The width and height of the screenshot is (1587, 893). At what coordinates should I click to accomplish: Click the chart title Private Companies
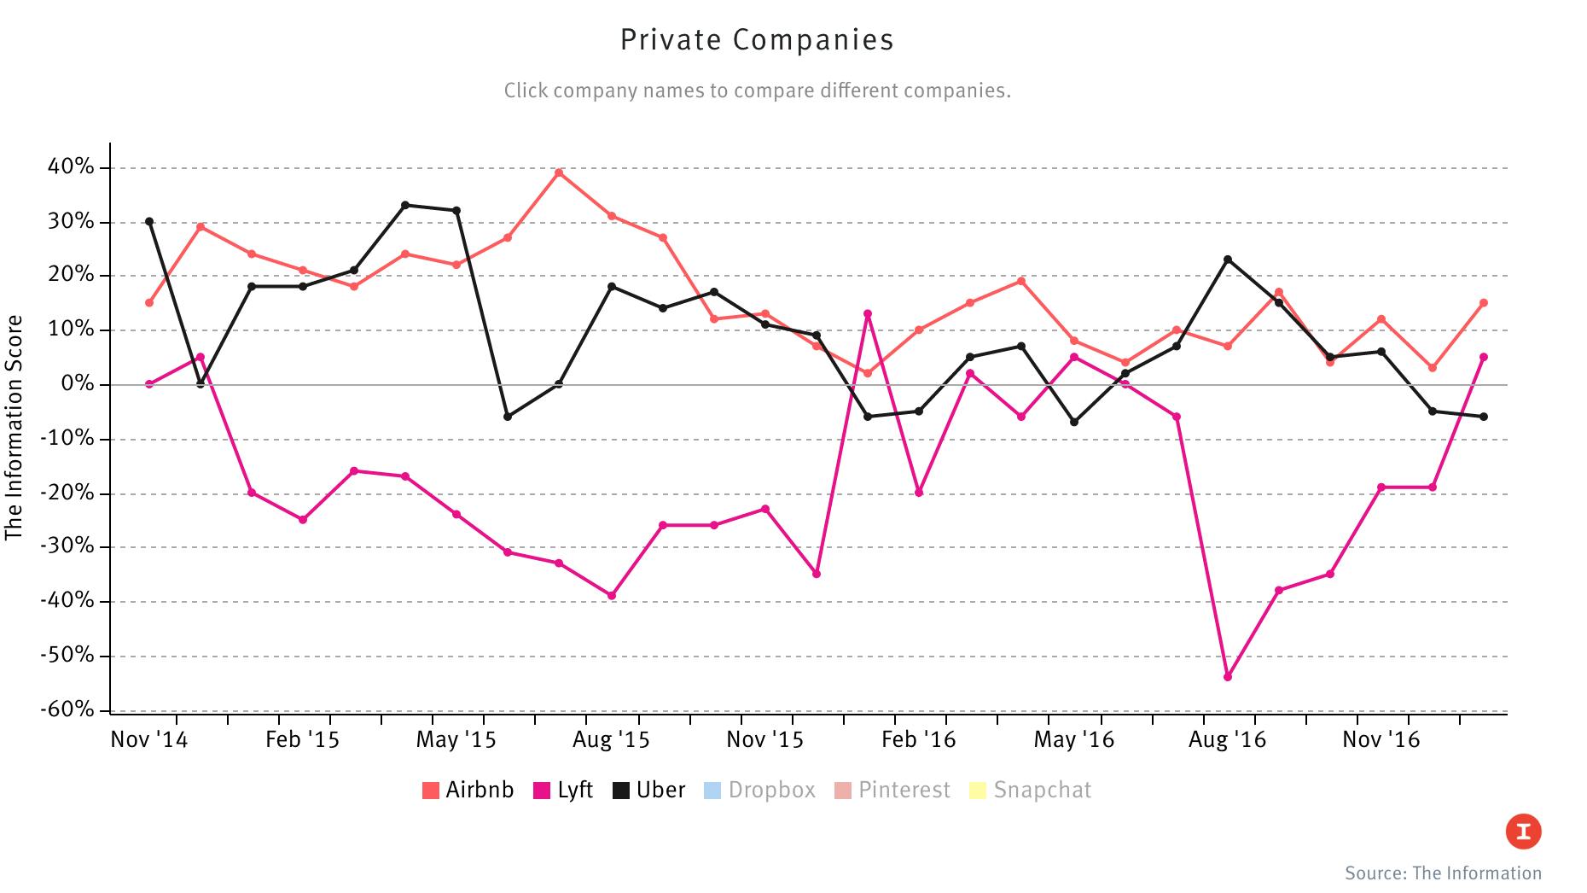point(757,40)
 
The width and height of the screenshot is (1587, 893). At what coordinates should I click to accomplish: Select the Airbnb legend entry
point(468,790)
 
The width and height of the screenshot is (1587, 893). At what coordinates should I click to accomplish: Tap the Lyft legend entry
point(563,790)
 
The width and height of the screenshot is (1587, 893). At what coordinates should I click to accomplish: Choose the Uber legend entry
point(649,790)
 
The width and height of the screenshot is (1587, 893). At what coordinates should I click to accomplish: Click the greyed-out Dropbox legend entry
point(759,790)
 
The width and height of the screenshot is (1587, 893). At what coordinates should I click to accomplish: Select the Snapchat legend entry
point(1031,790)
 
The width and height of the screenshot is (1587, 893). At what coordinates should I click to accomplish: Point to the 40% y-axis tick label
point(71,167)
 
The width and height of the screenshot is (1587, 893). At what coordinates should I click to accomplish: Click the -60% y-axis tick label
point(67,709)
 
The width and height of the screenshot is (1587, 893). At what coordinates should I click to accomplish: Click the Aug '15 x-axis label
point(611,739)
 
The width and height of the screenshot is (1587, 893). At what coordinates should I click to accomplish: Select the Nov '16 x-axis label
point(1381,739)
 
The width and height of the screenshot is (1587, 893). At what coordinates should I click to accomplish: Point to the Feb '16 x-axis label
point(918,739)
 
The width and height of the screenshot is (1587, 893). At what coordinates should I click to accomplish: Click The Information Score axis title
point(14,427)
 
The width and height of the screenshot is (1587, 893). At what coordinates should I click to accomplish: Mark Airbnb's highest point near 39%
point(559,172)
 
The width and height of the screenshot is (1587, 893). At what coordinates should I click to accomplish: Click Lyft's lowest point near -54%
point(1228,677)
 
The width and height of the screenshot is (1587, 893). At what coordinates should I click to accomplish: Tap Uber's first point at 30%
point(149,222)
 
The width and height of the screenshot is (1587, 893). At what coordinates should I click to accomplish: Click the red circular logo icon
point(1523,832)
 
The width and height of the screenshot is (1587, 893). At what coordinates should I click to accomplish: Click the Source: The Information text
point(1443,873)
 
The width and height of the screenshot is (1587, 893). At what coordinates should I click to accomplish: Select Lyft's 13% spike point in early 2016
point(868,313)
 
